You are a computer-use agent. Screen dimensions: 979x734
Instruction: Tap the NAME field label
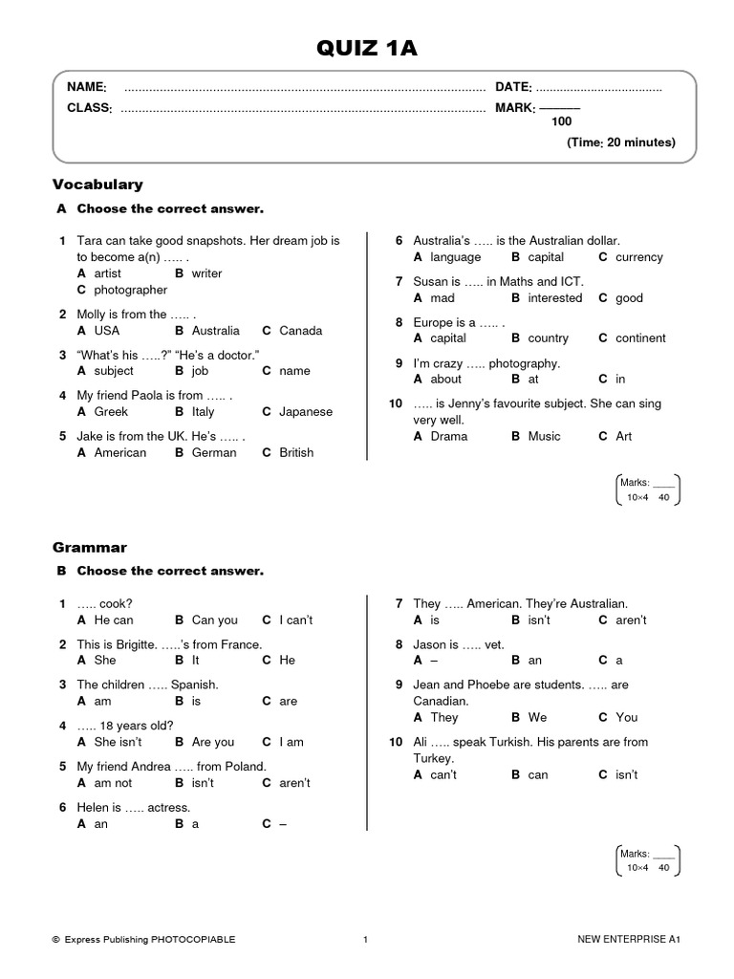pyautogui.click(x=86, y=87)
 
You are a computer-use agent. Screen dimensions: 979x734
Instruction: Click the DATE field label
pyautogui.click(x=512, y=87)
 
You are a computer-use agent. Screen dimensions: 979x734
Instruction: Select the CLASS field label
pyautogui.click(x=89, y=108)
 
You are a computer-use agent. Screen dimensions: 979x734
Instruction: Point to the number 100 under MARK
pyautogui.click(x=561, y=121)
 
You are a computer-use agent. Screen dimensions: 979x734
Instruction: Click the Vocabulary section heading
pyautogui.click(x=97, y=184)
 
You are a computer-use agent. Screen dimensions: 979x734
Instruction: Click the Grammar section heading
pyautogui.click(x=90, y=548)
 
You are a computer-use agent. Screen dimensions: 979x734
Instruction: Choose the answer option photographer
pyautogui.click(x=130, y=290)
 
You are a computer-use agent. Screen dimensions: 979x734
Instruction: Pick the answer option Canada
pyautogui.click(x=301, y=331)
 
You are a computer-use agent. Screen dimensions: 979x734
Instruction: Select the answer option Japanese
pyautogui.click(x=306, y=412)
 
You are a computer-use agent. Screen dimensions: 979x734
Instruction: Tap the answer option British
pyautogui.click(x=296, y=452)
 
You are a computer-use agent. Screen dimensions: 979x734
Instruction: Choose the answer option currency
pyautogui.click(x=638, y=257)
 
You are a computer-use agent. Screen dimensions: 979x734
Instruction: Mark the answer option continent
pyautogui.click(x=641, y=337)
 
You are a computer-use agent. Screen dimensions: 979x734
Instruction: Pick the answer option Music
pyautogui.click(x=544, y=436)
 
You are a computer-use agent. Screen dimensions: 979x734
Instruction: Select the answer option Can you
pyautogui.click(x=215, y=620)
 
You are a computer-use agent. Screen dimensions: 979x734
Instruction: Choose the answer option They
pyautogui.click(x=444, y=717)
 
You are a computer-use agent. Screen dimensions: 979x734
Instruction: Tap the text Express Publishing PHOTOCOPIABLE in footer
pyautogui.click(x=149, y=940)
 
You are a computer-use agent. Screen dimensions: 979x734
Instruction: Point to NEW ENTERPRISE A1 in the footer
pyautogui.click(x=628, y=940)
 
